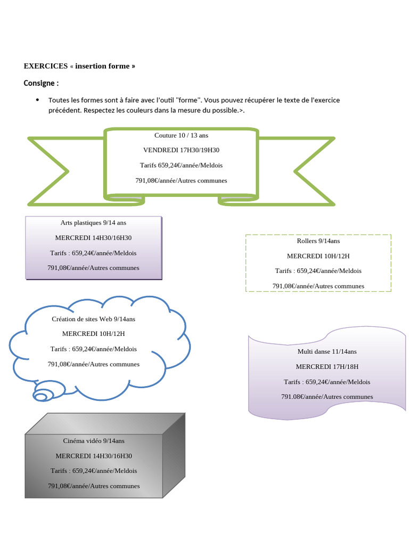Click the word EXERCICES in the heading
point(46,66)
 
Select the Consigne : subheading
point(41,83)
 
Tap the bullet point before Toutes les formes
point(37,100)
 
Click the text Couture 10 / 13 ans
point(181,135)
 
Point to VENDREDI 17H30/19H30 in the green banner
point(181,150)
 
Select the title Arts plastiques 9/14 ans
point(93,223)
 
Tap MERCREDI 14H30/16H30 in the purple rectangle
point(93,238)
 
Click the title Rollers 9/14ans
point(318,241)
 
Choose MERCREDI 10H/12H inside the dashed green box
point(318,256)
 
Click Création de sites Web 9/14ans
point(94,319)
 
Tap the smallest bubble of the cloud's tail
point(40,397)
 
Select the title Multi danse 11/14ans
point(327,352)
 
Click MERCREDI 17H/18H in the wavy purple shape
point(327,367)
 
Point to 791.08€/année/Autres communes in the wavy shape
point(327,397)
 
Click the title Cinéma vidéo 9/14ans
point(94,441)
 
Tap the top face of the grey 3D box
point(105,424)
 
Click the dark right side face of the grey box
point(174,455)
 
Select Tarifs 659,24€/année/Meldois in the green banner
point(181,165)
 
